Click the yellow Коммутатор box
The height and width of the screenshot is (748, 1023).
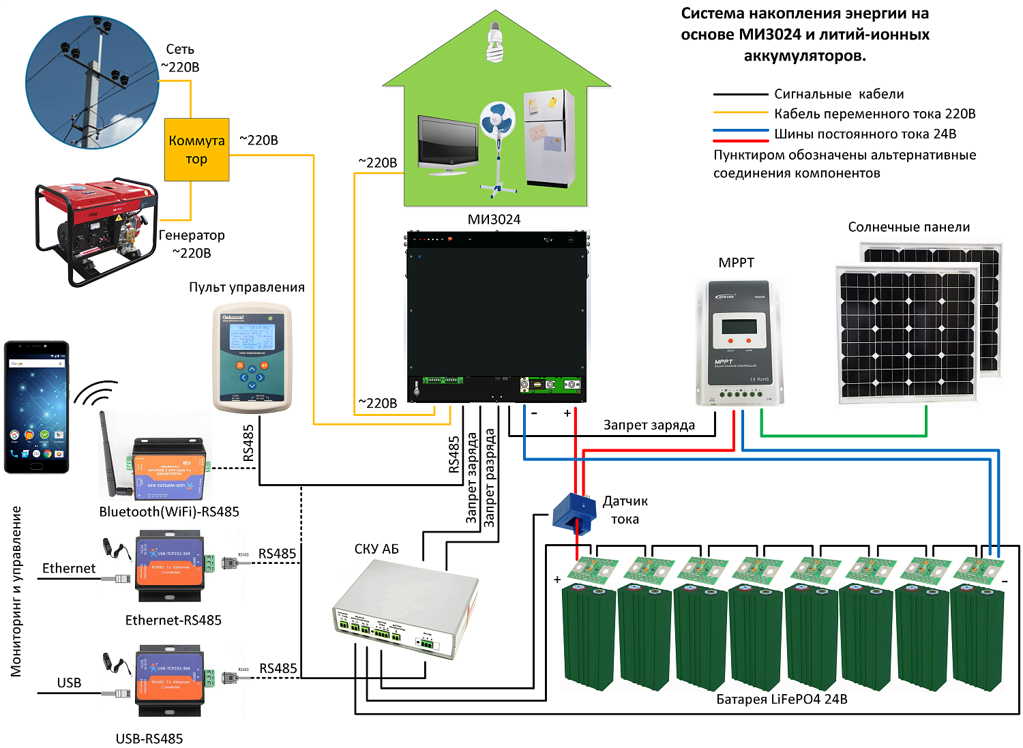pos(196,149)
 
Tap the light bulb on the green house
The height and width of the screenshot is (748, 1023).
pos(495,42)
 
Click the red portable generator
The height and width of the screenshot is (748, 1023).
pos(95,228)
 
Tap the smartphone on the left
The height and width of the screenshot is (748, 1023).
pos(37,406)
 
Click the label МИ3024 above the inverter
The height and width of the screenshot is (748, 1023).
pos(494,220)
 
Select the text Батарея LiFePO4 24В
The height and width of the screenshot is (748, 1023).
pos(782,699)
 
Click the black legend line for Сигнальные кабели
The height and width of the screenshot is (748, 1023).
pos(740,94)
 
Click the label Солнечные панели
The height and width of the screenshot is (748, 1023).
pos(908,227)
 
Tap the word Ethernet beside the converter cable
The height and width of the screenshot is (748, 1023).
pos(69,568)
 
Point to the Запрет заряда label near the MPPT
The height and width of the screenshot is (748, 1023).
pos(649,425)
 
